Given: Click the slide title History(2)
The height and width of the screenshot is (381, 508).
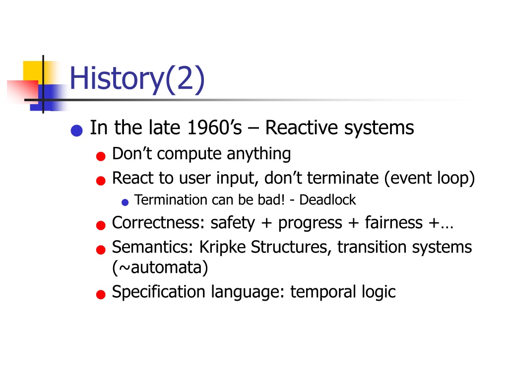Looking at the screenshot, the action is tap(137, 78).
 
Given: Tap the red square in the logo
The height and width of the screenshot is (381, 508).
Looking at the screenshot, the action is tap(23, 91).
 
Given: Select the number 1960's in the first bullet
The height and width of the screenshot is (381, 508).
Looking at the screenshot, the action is tap(214, 127).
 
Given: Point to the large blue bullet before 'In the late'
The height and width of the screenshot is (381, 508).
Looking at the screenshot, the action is tap(77, 130).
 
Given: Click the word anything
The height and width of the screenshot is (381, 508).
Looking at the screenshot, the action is tap(258, 154).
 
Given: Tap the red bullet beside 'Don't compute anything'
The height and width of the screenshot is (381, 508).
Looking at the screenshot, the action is tap(101, 156).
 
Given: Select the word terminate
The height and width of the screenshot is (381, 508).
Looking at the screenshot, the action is tap(343, 178).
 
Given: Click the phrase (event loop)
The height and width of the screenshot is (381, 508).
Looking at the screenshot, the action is tap(429, 179).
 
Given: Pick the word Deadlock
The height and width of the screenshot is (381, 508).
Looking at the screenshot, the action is tap(327, 200).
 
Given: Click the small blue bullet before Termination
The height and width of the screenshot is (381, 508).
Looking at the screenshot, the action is tap(125, 202).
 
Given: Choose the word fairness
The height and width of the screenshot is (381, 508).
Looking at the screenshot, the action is tap(394, 223).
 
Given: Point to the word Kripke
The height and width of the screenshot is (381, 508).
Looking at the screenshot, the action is tap(223, 248).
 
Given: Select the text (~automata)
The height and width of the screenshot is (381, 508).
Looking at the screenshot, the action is tap(160, 268).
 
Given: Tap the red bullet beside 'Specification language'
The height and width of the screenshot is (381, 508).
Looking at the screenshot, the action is tap(101, 294).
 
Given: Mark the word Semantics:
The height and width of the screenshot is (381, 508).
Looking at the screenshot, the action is tap(153, 248).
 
